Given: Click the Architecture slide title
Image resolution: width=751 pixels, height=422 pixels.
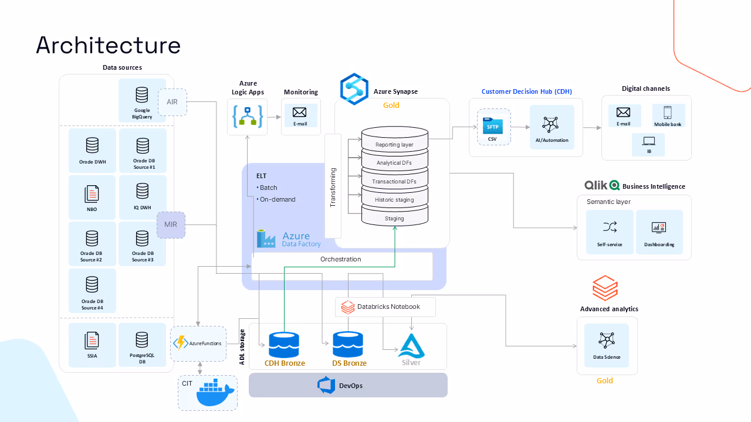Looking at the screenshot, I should pos(108,45).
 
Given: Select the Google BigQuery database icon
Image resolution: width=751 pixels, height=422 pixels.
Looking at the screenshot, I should pos(142,95).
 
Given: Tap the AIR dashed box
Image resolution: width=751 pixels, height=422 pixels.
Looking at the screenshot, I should pos(172,102).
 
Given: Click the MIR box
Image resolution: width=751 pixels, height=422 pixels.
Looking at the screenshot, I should pos(171,224).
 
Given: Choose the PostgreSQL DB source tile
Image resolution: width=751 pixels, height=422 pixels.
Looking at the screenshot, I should pos(142,346).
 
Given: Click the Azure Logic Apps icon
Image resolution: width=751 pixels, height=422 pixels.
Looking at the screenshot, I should pos(247,117).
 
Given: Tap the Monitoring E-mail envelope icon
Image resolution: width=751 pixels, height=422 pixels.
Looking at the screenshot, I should pos(300,113).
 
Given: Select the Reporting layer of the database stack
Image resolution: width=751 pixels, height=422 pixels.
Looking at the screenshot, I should pos(394,144).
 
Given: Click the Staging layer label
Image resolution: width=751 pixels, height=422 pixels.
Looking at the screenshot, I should pos(394,219).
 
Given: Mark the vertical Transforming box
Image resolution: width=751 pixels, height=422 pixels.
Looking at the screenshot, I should pos(333,186).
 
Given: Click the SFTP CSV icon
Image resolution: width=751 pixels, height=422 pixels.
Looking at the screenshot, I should pos(492,125).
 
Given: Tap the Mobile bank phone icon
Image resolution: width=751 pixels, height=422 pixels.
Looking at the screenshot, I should pos(667,113).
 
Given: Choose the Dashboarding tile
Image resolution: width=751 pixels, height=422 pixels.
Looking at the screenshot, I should pos(659,232).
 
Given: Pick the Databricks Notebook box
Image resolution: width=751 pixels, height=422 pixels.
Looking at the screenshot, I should pos(385,307).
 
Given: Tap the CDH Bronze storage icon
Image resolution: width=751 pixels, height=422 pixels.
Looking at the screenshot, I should pos(284,345).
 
